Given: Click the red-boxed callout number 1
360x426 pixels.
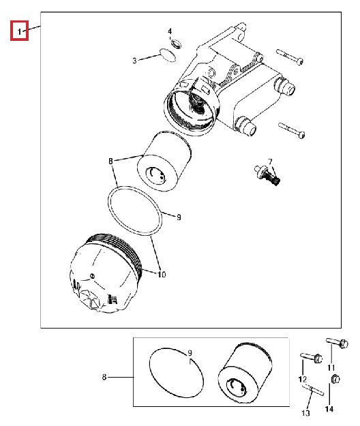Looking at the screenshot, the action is pos(19,32).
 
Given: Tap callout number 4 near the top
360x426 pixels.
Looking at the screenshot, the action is pos(170,31).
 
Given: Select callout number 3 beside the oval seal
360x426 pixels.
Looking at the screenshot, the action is pos(134,61).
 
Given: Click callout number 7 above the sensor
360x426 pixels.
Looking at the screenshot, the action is pos(270,162).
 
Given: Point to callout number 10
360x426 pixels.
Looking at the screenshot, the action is pos(162,275).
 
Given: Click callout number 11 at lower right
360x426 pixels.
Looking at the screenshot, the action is pos(331,367).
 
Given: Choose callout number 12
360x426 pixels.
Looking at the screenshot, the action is pos(303,379).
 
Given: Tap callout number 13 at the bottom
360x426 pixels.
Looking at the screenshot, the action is pos(305,413).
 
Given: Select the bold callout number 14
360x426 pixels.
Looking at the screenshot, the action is pos(329,409).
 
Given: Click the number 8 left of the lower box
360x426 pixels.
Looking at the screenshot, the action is pos(104,377).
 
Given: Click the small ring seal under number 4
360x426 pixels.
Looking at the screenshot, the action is pos(176,44).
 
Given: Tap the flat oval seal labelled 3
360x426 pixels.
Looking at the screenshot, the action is pos(167,55).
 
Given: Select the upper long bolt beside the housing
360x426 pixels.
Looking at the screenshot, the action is pos(290,57).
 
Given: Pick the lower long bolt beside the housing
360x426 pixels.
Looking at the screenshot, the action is pos(292,130).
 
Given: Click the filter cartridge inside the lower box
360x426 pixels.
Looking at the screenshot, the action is pos(245,372).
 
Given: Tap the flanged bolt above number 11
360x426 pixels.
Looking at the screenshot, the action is pos(337,342).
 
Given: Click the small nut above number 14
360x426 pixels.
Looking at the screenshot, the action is pos(336,379).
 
